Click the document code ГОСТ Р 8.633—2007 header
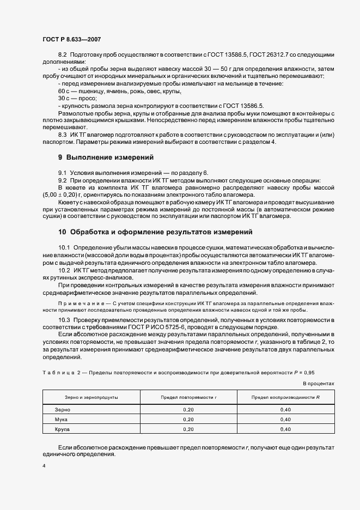(71, 40)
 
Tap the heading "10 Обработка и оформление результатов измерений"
(155, 232)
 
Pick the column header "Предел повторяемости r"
(188, 397)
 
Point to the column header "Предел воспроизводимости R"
(285, 397)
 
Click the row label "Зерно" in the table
(63, 409)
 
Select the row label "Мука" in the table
(62, 419)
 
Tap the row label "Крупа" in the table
(63, 429)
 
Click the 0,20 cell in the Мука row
(188, 419)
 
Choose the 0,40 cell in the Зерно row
(285, 409)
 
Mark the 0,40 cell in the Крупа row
(285, 429)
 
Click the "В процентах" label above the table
(318, 384)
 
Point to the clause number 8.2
(62, 56)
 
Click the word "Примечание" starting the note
(75, 303)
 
